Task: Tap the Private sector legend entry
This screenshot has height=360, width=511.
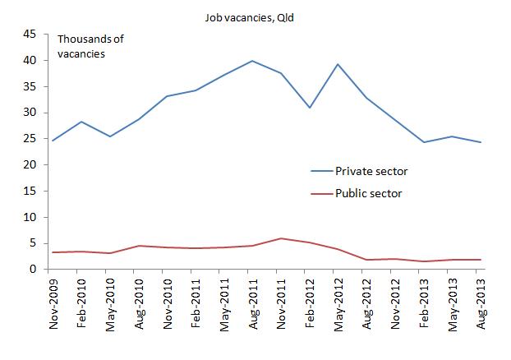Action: pyautogui.click(x=371, y=171)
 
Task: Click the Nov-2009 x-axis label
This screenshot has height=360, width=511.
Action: pyautogui.click(x=53, y=304)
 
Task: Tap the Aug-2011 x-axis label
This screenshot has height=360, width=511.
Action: pyautogui.click(x=251, y=304)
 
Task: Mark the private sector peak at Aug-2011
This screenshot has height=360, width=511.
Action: pyautogui.click(x=251, y=61)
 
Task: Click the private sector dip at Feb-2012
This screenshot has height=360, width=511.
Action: pyautogui.click(x=308, y=108)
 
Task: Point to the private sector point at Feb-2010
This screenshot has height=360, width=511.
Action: pyautogui.click(x=81, y=122)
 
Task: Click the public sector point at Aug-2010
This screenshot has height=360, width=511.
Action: pyautogui.click(x=138, y=246)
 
